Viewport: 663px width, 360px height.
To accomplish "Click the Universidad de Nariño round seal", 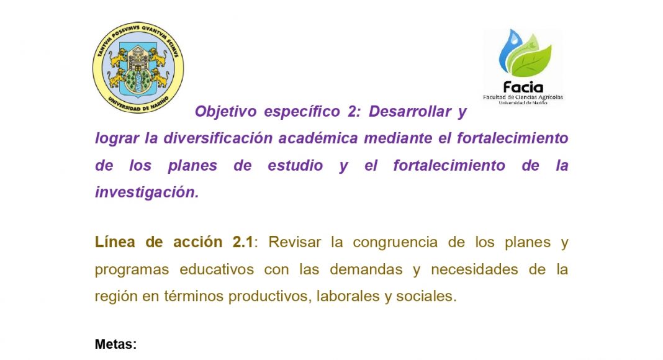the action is coord(138,67).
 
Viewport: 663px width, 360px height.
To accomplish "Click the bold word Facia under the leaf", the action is coord(523,88).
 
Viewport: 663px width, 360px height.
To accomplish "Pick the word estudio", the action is coord(295,165).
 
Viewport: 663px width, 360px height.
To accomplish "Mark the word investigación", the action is coord(147,192).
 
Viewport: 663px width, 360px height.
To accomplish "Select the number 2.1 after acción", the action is coord(243,242).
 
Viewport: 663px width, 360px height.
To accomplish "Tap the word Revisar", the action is coord(295,242).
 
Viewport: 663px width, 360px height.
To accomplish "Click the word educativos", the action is coord(217,269).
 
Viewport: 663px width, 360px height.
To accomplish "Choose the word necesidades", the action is coord(474,269).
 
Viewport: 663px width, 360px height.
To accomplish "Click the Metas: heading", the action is coord(116,344).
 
